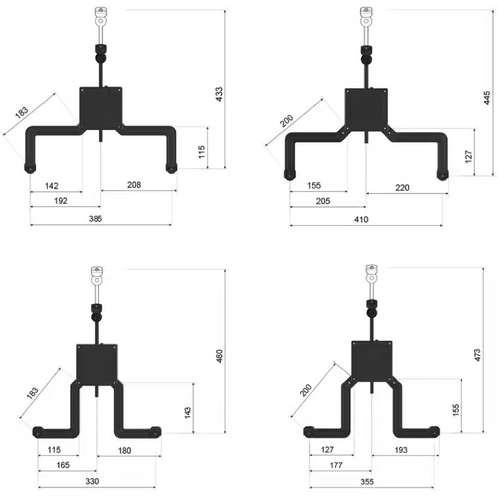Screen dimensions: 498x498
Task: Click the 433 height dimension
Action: point(219,95)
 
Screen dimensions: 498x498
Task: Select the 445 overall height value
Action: point(487,98)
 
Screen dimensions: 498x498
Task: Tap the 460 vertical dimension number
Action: point(219,356)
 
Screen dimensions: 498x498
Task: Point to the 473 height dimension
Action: point(477,355)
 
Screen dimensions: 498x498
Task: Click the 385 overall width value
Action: point(95,218)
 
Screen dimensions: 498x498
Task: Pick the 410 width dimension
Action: point(362,219)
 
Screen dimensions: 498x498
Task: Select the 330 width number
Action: point(92,481)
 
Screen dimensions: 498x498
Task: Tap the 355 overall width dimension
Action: point(367,482)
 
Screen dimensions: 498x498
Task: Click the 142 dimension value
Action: point(52,186)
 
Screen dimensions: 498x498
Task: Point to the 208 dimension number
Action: point(134,185)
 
